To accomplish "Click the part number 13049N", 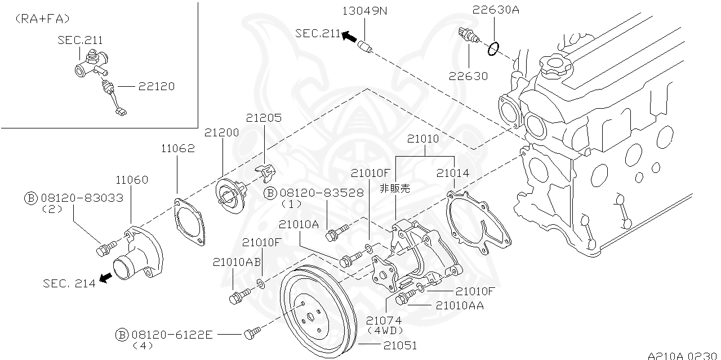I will click(364, 10).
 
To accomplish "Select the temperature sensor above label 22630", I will click(469, 35).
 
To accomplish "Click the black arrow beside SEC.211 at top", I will click(349, 37).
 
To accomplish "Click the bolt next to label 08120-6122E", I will click(251, 335).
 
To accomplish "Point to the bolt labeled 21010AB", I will click(237, 296).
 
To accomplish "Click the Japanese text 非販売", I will click(395, 189).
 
